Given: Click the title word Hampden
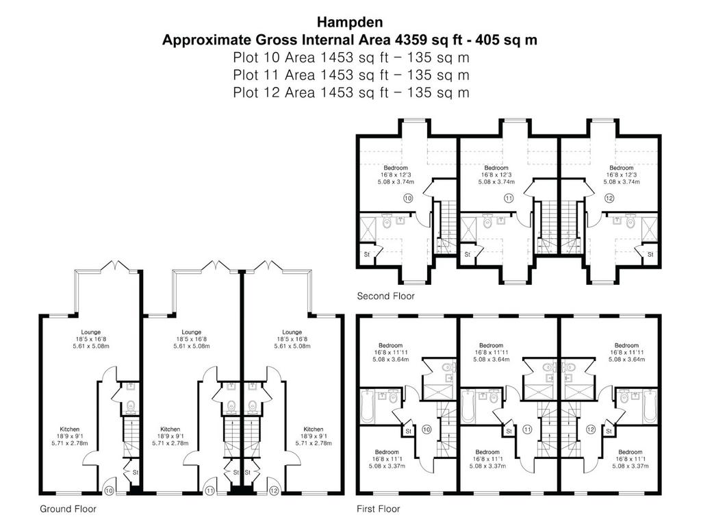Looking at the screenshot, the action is [x=350, y=21].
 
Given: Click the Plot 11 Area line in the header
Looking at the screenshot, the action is [x=351, y=75].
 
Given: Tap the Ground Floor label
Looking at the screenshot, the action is [x=68, y=509].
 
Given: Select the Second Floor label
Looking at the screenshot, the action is [x=385, y=296].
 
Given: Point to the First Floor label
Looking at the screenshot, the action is [x=378, y=509].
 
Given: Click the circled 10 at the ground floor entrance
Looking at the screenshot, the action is [x=109, y=490].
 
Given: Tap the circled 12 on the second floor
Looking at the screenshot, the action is [x=609, y=198].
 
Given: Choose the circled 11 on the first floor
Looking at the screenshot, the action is [x=528, y=429].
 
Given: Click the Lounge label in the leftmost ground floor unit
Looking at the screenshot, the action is [x=91, y=332].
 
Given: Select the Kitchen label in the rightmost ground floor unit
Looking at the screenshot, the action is [x=314, y=429].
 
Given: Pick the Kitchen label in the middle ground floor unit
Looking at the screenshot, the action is [x=170, y=429].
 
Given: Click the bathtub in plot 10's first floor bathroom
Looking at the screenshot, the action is [x=367, y=405].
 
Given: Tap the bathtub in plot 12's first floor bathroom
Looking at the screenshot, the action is [x=650, y=405].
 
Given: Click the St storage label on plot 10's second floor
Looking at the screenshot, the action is [x=367, y=255].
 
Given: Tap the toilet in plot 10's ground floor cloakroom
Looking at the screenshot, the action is [x=131, y=406].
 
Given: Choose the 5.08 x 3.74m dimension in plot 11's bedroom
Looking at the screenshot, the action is [x=496, y=182].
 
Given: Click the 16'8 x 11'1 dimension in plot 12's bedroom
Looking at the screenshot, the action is [x=630, y=459].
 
